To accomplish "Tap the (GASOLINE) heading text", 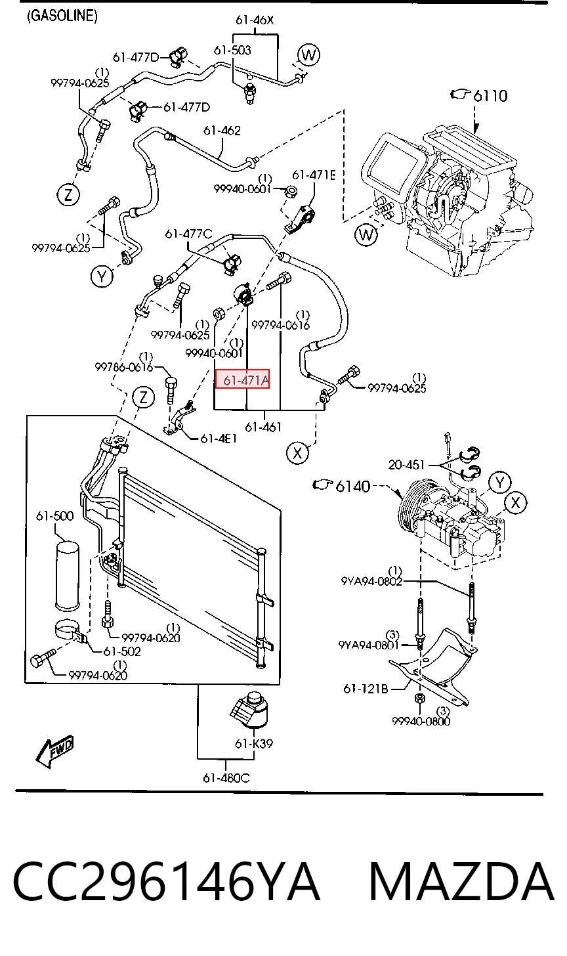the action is (x=62, y=16).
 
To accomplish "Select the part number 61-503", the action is (x=232, y=51).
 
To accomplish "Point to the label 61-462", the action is (x=222, y=130).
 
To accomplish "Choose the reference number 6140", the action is (x=353, y=486).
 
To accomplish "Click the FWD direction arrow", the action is (x=54, y=751).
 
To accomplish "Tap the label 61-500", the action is (x=54, y=516).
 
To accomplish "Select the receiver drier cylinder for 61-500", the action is (x=68, y=575).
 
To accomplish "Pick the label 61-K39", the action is (x=254, y=743).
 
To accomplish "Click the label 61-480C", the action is (x=226, y=778).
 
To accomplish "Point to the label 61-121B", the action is (x=366, y=689).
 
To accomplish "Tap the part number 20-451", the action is (x=407, y=464).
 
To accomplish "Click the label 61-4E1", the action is (x=219, y=439).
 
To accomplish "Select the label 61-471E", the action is (x=314, y=175).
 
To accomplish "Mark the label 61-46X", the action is (x=255, y=20).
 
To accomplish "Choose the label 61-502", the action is (x=122, y=651).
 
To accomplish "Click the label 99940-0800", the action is (x=421, y=721).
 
